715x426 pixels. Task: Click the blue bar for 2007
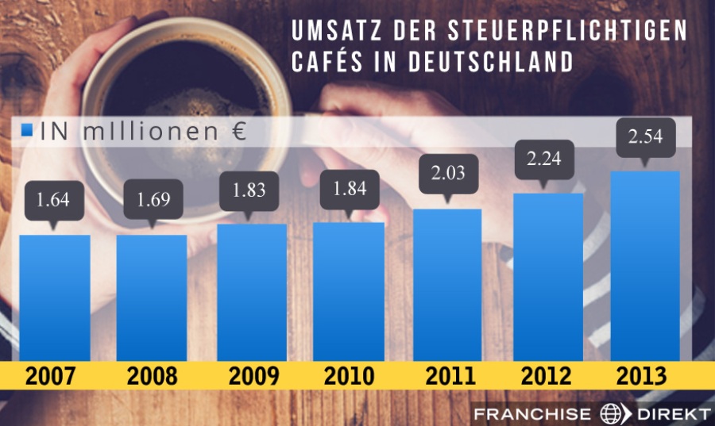(55, 297)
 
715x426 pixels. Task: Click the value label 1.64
(54, 198)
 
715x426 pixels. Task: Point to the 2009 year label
(252, 377)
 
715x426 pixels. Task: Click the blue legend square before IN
(28, 131)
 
